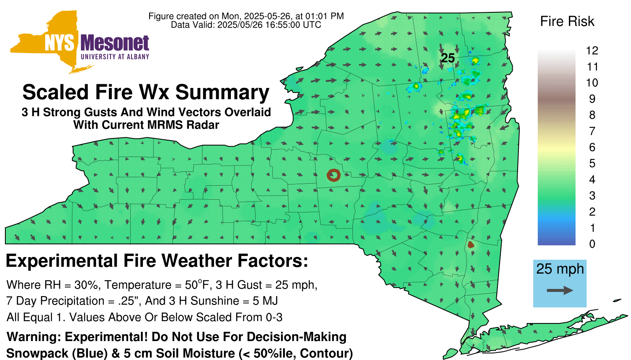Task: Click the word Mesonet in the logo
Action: click(x=115, y=43)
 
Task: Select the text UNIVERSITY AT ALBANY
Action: click(x=115, y=57)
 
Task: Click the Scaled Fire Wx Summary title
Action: click(x=146, y=92)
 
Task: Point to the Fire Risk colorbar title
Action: click(x=567, y=21)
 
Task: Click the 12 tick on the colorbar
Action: click(x=592, y=51)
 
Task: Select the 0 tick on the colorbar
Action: click(x=592, y=244)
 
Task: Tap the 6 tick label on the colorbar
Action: click(x=592, y=147)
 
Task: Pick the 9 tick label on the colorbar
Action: click(x=592, y=99)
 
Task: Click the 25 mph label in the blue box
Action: click(x=560, y=269)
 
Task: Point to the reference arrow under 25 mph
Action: click(x=560, y=291)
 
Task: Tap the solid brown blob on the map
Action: click(x=471, y=245)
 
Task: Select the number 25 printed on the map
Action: click(x=448, y=58)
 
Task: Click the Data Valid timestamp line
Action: click(x=246, y=25)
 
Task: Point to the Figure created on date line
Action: click(x=246, y=16)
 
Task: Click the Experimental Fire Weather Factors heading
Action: click(x=157, y=261)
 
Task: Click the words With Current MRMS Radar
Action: click(x=146, y=125)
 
